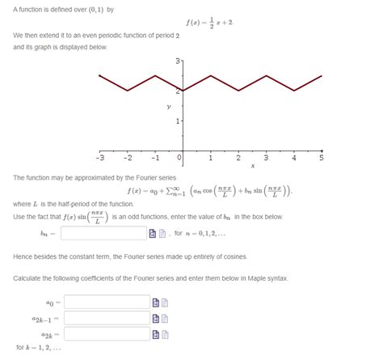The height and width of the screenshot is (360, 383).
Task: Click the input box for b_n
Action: coord(103,233)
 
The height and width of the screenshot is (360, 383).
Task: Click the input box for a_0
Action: coord(106,303)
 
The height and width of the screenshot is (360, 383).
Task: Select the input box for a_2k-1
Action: coord(106,318)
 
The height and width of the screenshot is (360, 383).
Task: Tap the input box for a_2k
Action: coord(106,333)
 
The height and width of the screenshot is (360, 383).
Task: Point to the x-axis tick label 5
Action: coord(321,158)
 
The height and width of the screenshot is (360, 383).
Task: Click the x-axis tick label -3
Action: coord(101,158)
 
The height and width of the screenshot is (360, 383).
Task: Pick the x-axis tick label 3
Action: coord(266,158)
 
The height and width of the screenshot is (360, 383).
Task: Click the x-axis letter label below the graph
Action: coord(252,167)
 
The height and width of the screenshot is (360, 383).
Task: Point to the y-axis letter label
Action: coord(169,105)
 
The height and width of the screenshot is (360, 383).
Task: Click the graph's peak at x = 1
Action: coord(211,75)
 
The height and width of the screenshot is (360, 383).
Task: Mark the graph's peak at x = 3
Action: coord(266,75)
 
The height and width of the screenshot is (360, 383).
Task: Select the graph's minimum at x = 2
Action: coord(238,91)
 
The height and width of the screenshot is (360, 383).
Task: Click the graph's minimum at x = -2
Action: coord(128,91)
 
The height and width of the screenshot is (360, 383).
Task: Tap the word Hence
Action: coord(23,256)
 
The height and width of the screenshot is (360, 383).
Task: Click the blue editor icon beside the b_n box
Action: coord(151,233)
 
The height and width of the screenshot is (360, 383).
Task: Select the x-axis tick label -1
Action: coord(155,158)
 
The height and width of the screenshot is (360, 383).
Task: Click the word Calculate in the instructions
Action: coord(29,278)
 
